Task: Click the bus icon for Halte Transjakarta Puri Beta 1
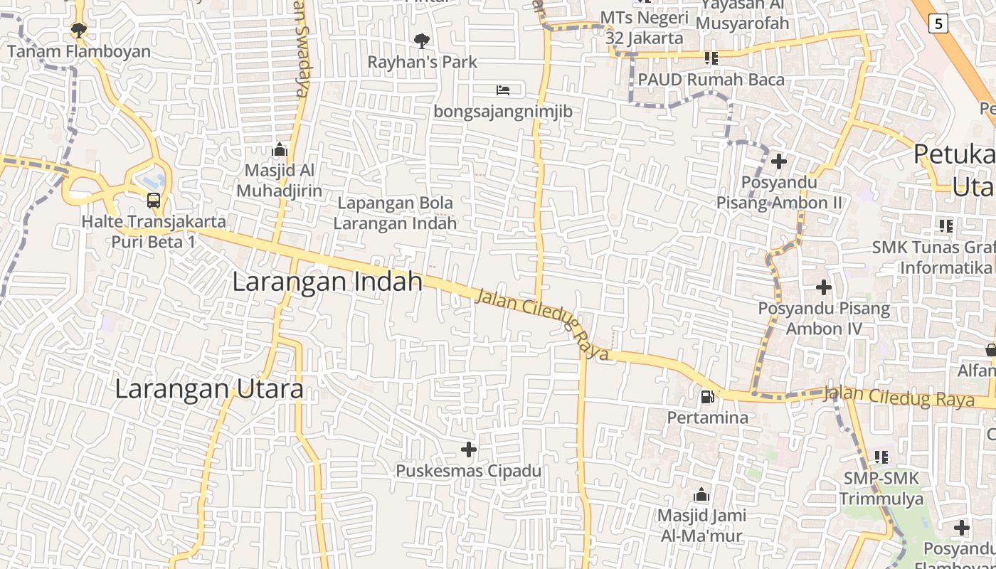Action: pyautogui.click(x=153, y=200)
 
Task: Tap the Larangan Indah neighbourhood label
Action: pyautogui.click(x=327, y=282)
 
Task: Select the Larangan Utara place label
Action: pyautogui.click(x=209, y=389)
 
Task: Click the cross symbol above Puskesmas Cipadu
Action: pyautogui.click(x=469, y=449)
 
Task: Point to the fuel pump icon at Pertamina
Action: pyautogui.click(x=707, y=397)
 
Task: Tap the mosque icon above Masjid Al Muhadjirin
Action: pyautogui.click(x=279, y=149)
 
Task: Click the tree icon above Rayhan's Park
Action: pyautogui.click(x=422, y=41)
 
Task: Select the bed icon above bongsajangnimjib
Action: pyautogui.click(x=503, y=90)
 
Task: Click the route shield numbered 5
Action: pyautogui.click(x=938, y=23)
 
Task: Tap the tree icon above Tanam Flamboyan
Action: pyautogui.click(x=78, y=30)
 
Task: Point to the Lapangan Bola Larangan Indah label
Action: pyautogui.click(x=396, y=213)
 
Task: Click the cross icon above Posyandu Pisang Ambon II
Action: pyautogui.click(x=779, y=161)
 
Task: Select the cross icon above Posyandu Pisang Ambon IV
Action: pyautogui.click(x=824, y=287)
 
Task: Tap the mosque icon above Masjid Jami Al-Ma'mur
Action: pyautogui.click(x=701, y=494)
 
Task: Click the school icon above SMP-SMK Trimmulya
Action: pyautogui.click(x=881, y=457)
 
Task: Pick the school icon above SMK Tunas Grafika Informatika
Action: pyautogui.click(x=946, y=226)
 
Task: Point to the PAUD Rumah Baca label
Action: pyautogui.click(x=711, y=79)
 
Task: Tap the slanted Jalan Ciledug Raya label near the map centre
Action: pyautogui.click(x=542, y=324)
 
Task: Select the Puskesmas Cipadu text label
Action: pyautogui.click(x=468, y=471)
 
